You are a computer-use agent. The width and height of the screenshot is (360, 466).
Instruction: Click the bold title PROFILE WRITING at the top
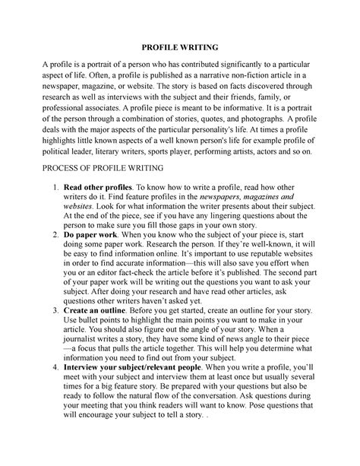179,46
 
